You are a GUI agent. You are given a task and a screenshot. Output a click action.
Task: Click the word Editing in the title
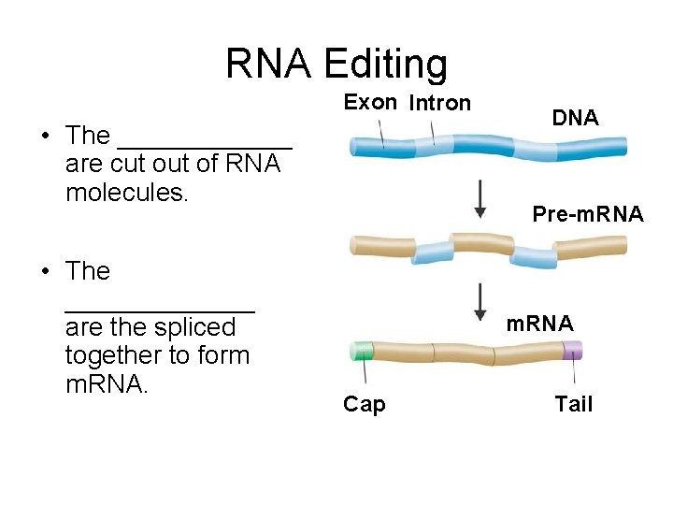point(385,65)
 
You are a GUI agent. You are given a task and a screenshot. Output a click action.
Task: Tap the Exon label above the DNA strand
point(370,103)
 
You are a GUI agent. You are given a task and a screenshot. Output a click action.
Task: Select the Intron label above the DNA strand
point(439,103)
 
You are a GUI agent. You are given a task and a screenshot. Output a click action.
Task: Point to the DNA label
point(575,118)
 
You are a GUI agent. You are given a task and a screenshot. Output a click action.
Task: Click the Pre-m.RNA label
point(587,214)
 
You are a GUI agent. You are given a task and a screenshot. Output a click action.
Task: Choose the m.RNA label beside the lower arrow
point(539,324)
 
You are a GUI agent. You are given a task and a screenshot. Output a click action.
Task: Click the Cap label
point(364,404)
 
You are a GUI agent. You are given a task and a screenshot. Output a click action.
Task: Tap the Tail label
point(573,404)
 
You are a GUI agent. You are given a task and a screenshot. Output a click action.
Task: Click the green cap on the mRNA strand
point(360,352)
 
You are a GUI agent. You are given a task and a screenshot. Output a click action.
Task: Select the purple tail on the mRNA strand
point(572,351)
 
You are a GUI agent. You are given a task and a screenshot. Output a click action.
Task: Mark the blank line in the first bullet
point(205,146)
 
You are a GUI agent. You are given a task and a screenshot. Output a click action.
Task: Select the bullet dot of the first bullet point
point(45,137)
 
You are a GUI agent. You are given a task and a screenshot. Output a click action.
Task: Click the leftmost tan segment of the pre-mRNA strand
point(380,246)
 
